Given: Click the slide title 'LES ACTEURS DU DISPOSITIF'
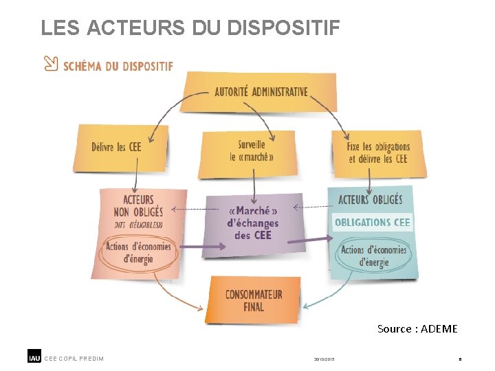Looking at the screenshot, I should tap(190, 28).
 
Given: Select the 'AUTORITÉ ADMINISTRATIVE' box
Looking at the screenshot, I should tap(260, 92).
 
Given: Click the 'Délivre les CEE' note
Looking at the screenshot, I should tap(117, 146).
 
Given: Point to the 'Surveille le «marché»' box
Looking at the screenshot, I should tap(252, 150).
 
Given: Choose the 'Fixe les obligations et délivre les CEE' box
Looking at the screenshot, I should tap(377, 153).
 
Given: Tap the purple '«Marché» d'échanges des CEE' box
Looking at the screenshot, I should tap(252, 223).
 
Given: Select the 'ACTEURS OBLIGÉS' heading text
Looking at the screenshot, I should tap(370, 200).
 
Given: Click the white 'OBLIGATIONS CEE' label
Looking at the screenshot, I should tap(372, 222).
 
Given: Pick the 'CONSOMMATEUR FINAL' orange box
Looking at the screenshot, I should tap(253, 300).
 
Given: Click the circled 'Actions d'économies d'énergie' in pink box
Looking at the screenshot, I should tap(138, 252).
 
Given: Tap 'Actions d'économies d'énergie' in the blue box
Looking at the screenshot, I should tap(373, 256).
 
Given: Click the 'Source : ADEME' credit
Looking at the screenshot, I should tap(417, 329).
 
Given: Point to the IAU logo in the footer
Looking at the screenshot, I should tap(34, 357).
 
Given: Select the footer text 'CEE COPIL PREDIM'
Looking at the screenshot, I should tap(74, 358).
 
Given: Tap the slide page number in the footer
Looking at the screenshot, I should tap(460, 359).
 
